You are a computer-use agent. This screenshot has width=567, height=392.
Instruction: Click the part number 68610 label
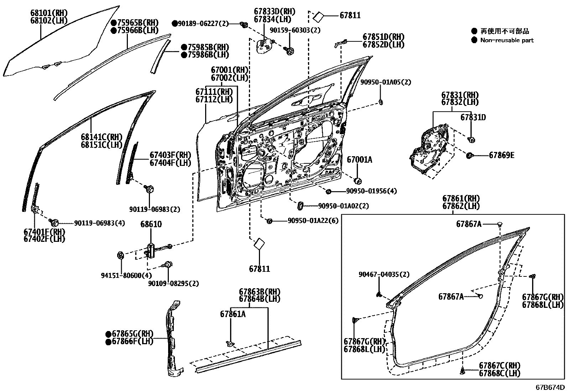tap(151, 224)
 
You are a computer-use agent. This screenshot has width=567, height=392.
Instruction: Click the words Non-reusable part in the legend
tap(507, 40)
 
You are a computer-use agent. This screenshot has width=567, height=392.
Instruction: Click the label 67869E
tap(501, 155)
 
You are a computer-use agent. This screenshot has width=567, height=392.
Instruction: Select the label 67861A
tap(233, 314)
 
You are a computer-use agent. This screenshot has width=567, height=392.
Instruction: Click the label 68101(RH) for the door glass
tap(49, 14)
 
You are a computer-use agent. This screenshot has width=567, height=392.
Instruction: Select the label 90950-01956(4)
tap(371, 191)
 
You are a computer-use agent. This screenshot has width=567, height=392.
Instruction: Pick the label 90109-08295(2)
tap(173, 284)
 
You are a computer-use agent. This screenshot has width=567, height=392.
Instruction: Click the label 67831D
tap(473, 117)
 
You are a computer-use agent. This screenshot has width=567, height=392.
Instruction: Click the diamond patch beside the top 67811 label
tap(318, 16)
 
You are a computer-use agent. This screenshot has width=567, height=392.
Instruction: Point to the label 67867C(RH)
tap(499, 366)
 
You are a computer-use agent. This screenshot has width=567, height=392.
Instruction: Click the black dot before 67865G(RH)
tap(108, 334)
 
